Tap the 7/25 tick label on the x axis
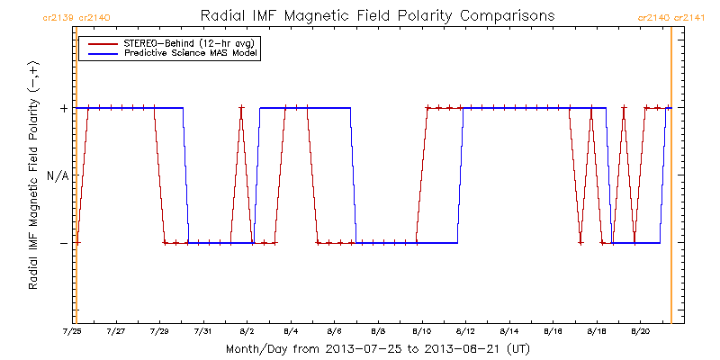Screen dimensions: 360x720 pos(72,330)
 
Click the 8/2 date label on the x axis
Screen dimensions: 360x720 pos(247,330)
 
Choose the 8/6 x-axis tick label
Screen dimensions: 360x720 pos(334,330)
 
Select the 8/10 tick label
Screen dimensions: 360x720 pos(421,330)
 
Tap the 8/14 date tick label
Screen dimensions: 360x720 pos(508,330)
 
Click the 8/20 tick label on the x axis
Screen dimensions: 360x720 pos(640,330)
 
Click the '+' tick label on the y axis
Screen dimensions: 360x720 pos(63,108)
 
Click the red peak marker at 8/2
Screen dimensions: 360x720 pos(241,108)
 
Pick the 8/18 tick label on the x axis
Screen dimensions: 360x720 pos(596,330)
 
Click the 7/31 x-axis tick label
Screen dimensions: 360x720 pos(203,330)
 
